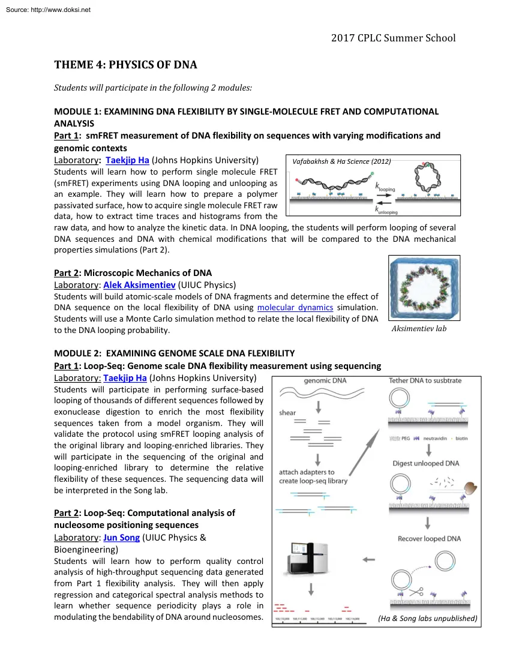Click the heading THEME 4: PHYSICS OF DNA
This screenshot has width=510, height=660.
point(125,65)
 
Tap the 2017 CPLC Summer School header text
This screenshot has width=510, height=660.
point(393,38)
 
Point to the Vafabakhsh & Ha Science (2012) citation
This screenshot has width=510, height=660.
point(341,161)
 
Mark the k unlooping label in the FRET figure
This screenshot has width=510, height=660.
point(386,209)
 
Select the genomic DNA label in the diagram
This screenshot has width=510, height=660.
point(325,380)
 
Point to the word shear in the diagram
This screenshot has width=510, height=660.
point(287,413)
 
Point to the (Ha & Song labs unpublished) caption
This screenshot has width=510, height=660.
point(428,619)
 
